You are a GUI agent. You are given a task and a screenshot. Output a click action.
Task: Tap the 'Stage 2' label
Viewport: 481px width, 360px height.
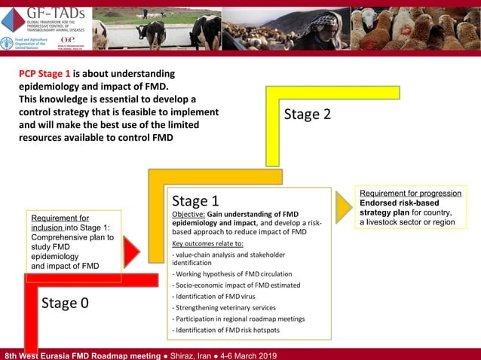[x=307, y=114]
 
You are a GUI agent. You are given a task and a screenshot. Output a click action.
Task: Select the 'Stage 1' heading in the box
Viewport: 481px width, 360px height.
[x=195, y=201]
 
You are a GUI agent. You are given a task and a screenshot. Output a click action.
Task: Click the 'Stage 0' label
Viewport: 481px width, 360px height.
[x=64, y=303]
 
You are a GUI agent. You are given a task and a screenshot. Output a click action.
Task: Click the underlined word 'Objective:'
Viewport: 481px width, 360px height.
[x=188, y=214]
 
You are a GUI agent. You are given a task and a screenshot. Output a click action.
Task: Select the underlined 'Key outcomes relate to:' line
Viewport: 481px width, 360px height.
[x=207, y=243]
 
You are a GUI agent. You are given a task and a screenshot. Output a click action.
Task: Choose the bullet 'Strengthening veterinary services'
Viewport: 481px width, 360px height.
[x=224, y=307]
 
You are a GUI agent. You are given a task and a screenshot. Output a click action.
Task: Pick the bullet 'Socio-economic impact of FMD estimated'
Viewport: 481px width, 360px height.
[x=236, y=285]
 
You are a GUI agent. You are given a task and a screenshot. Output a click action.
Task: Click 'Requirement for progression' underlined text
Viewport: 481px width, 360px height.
[x=410, y=194]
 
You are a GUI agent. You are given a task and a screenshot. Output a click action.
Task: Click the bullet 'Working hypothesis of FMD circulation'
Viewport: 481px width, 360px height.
[x=232, y=273]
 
